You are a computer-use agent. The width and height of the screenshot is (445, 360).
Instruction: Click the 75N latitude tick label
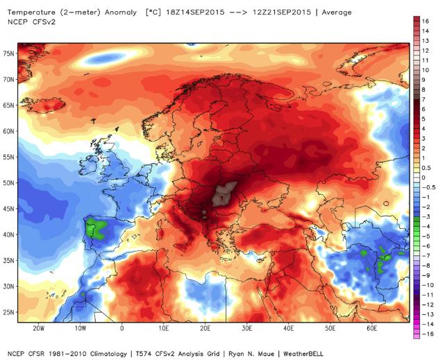[x=8, y=53]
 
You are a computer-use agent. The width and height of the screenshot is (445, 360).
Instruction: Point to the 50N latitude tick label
[x=8, y=183]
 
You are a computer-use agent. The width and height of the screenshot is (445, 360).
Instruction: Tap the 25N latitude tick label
[x=8, y=313]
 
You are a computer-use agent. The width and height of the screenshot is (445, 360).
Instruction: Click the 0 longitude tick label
[x=122, y=327]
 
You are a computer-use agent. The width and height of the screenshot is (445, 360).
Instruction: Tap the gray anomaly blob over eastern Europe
[x=224, y=194]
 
